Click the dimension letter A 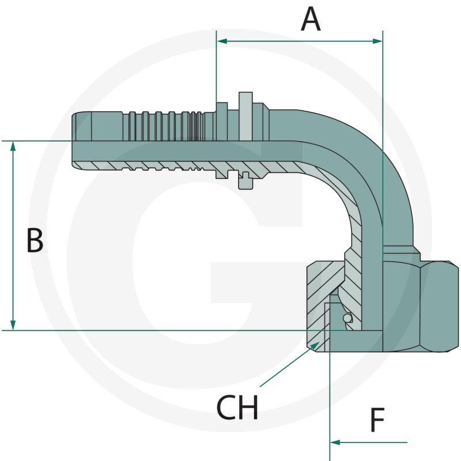pos(311,19)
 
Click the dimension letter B pos(35,240)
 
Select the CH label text pos(237,407)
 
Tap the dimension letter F pos(377,420)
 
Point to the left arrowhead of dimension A pos(222,41)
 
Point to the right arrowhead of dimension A pos(377,41)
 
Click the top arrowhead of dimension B pos(13,146)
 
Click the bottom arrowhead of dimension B pos(13,325)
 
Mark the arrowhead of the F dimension pos(335,442)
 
